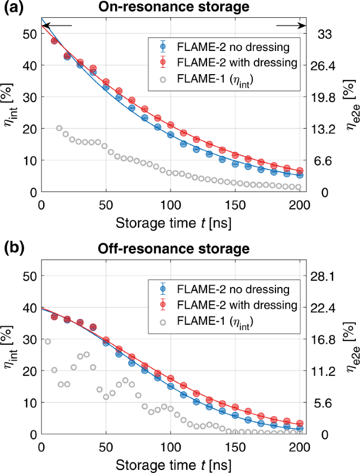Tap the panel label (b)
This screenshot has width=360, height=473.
tap(15, 249)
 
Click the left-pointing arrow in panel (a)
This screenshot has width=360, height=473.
tap(56, 25)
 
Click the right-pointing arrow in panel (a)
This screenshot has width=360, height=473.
tap(291, 25)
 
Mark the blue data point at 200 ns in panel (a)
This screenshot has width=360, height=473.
tap(300, 174)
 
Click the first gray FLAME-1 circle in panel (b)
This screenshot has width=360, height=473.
tap(48, 342)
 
